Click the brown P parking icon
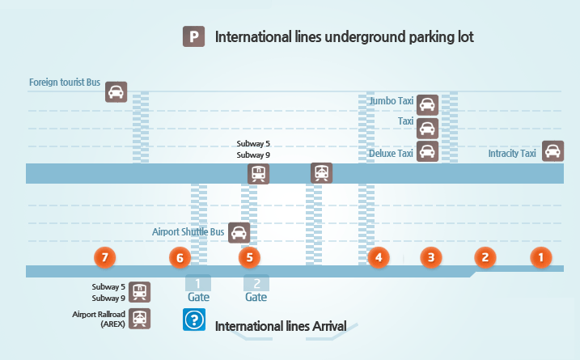click(x=193, y=36)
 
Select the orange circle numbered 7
click(x=104, y=258)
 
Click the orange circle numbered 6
click(x=180, y=258)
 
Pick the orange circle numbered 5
click(x=250, y=258)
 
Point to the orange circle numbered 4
click(x=378, y=258)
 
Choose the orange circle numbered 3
click(x=431, y=258)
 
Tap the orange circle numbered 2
click(x=485, y=258)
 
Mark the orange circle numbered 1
click(x=540, y=258)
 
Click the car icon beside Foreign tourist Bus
click(x=116, y=91)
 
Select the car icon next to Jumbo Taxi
click(x=427, y=104)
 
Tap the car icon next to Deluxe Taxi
click(x=427, y=152)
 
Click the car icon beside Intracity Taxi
click(x=552, y=151)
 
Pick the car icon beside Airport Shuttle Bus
click(x=239, y=233)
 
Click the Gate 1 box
click(x=198, y=283)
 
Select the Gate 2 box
click(x=256, y=283)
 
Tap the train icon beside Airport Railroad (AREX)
click(x=141, y=318)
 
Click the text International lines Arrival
click(x=281, y=326)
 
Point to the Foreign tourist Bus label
click(x=65, y=83)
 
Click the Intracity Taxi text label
click(x=512, y=153)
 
